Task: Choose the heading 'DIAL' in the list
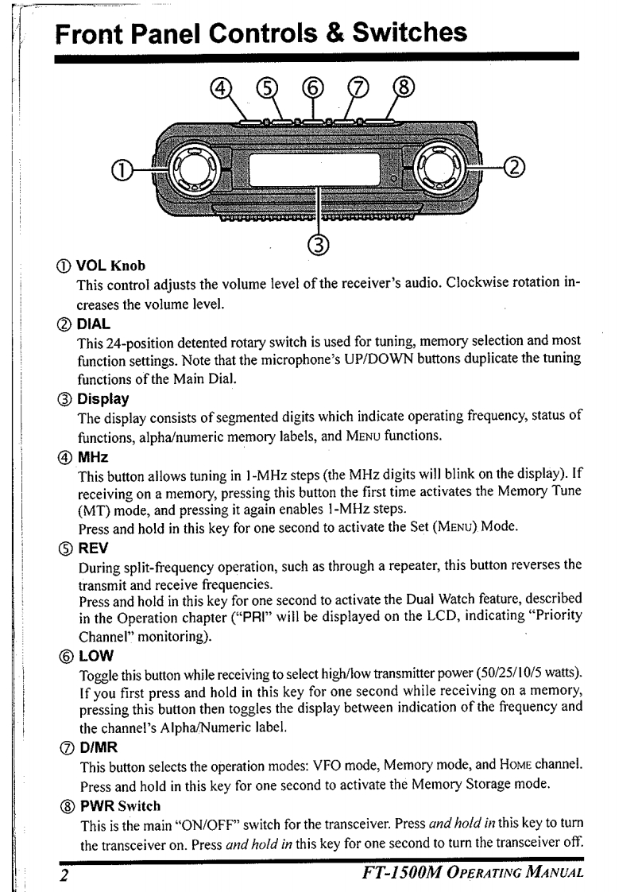click(93, 324)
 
